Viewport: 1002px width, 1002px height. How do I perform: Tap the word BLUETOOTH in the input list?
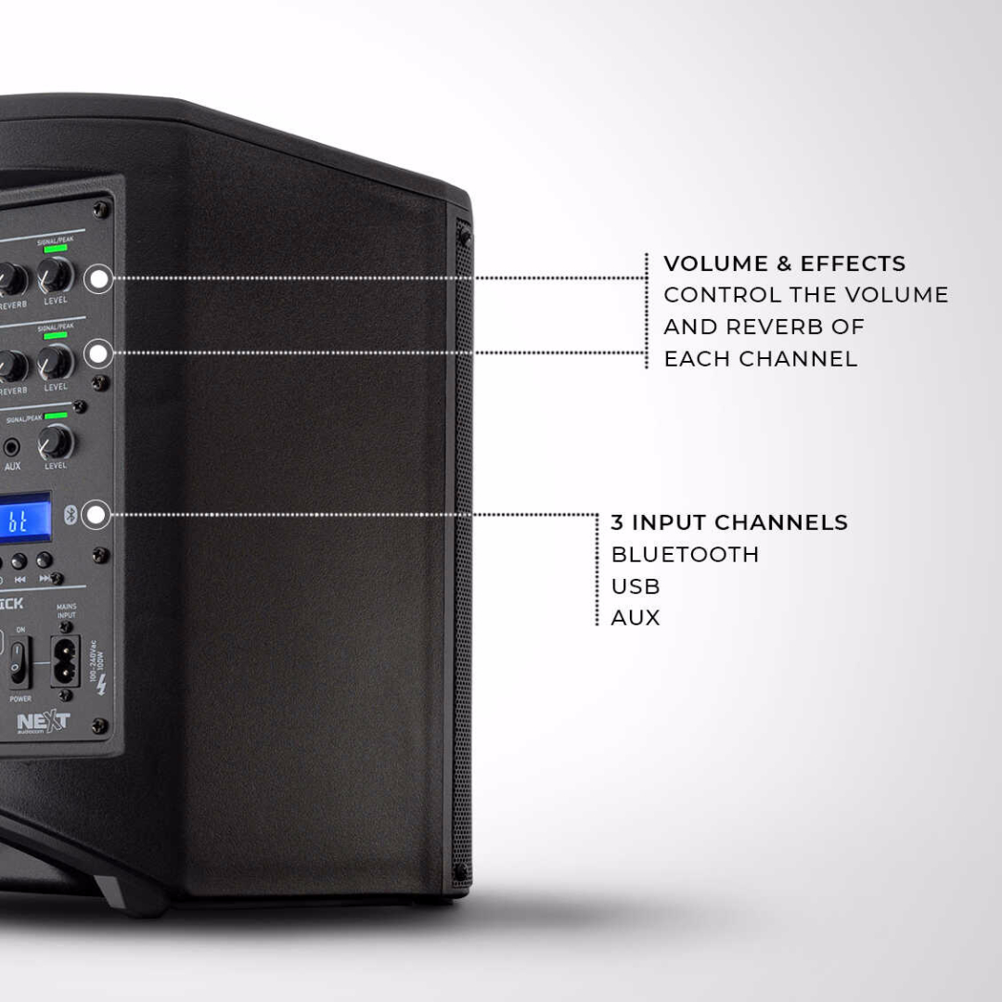click(685, 555)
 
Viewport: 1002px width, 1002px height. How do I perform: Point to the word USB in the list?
click(636, 586)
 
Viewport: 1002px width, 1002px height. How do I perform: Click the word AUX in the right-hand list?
click(636, 618)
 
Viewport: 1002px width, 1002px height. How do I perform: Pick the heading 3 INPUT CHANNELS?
click(729, 522)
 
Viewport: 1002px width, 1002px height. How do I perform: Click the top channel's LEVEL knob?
click(56, 276)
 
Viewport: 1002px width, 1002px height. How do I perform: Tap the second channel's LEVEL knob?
click(56, 362)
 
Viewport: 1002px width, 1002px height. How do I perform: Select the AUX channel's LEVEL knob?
click(56, 443)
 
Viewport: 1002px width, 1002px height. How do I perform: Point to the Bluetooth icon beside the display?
click(69, 514)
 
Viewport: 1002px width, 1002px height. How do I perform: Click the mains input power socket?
click(65, 659)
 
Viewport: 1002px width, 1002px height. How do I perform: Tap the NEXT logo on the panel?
click(43, 721)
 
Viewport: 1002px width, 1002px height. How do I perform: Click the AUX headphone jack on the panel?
click(12, 447)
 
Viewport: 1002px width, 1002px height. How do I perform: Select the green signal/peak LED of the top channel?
click(55, 249)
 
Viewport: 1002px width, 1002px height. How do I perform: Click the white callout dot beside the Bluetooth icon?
click(96, 514)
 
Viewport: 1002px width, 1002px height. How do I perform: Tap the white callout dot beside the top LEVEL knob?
click(97, 277)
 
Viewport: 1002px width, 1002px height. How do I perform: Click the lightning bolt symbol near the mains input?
click(101, 685)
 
